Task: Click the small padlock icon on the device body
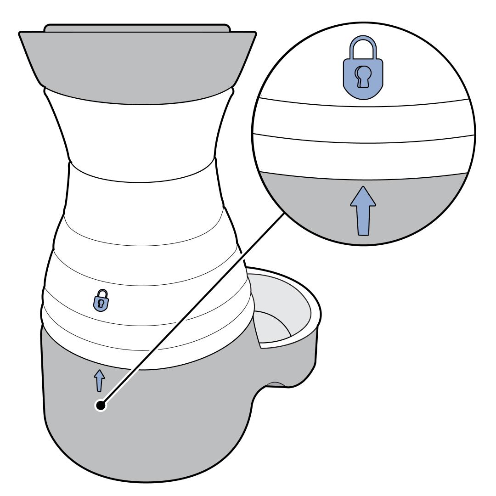101,301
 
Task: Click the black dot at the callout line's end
101,405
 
